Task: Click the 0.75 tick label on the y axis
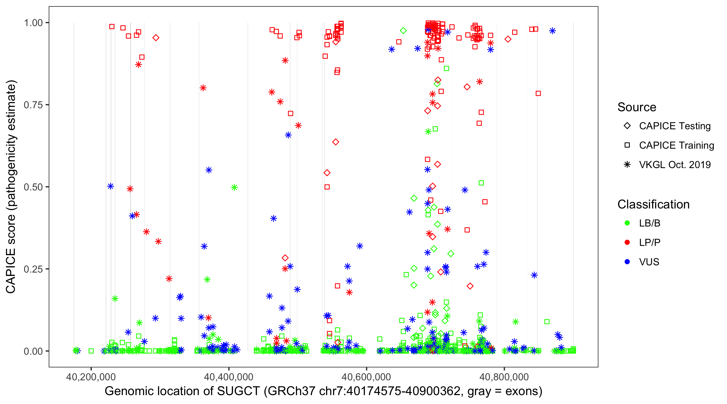pos(33,105)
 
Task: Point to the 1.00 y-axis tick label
pos(33,23)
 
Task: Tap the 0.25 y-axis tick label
pos(33,269)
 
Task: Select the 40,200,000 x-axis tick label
pos(91,377)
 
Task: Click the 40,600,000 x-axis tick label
pos(366,377)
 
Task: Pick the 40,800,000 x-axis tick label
pos(504,377)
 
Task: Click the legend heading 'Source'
pos(637,107)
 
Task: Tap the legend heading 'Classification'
pos(653,204)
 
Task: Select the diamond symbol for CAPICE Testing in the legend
pos(627,126)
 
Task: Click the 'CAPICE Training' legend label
pos(676,145)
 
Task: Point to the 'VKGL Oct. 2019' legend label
pos(675,165)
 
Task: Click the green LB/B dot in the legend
pos(627,223)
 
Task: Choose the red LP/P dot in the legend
pos(627,242)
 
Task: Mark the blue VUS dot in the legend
pos(627,262)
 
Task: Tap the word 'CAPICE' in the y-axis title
pos(11,271)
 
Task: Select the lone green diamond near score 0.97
pos(403,31)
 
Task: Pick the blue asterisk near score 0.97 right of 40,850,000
pos(552,31)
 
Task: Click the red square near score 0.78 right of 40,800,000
pos(538,93)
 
